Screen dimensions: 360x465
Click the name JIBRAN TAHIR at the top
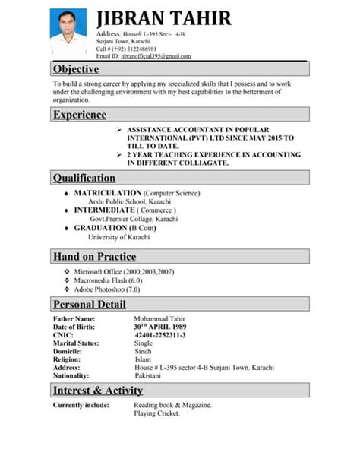pos(164,18)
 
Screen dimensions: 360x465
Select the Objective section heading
pos(76,70)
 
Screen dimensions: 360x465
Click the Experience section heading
pos(80,115)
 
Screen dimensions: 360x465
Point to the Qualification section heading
pos(84,178)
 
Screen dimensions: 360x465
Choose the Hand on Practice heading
pos(95,256)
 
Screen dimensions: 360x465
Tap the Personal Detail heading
pos(90,305)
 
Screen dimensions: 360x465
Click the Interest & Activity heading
pos(98,391)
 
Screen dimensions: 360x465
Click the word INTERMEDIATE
pos(107,210)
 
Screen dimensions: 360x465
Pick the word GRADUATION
pos(100,227)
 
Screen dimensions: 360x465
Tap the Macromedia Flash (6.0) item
pos(107,280)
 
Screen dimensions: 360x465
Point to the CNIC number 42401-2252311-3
pos(159,335)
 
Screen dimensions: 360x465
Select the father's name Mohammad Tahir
pos(159,318)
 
